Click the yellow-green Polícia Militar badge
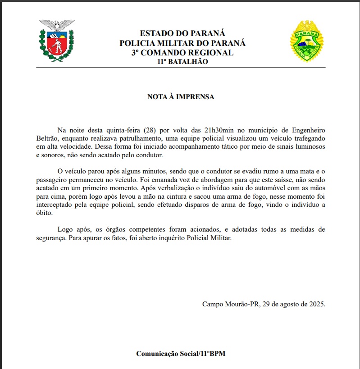(307, 41)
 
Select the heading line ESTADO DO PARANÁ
(182, 33)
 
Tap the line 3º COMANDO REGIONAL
(182, 52)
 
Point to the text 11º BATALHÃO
(182, 62)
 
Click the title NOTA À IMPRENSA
(181, 97)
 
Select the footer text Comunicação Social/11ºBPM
(181, 354)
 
